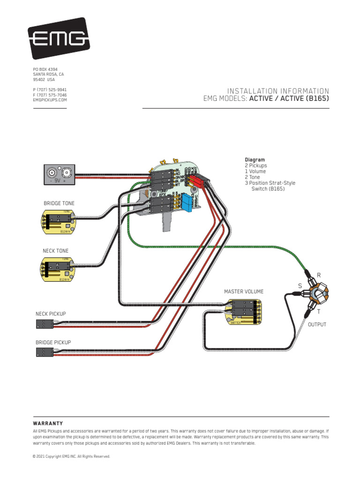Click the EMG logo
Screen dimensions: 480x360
pyautogui.click(x=59, y=38)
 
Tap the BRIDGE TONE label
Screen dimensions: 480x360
pyautogui.click(x=59, y=203)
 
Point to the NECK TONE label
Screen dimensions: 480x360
pyautogui.click(x=56, y=251)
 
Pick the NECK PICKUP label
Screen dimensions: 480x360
pyautogui.click(x=51, y=314)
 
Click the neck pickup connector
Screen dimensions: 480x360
pyautogui.click(x=44, y=323)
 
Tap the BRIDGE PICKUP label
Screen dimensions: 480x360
pyautogui.click(x=53, y=343)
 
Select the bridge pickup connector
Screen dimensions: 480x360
pyautogui.click(x=44, y=352)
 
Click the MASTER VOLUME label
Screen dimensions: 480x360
pyautogui.click(x=244, y=292)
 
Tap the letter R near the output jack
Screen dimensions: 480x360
pyautogui.click(x=319, y=275)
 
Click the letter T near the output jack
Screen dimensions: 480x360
pyautogui.click(x=319, y=312)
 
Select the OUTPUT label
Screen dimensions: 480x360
pyautogui.click(x=317, y=324)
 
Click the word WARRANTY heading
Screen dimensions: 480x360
pyautogui.click(x=48, y=423)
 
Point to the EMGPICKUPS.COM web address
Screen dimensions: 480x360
pyautogui.click(x=50, y=100)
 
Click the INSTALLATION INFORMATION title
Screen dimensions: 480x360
pyautogui.click(x=278, y=90)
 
